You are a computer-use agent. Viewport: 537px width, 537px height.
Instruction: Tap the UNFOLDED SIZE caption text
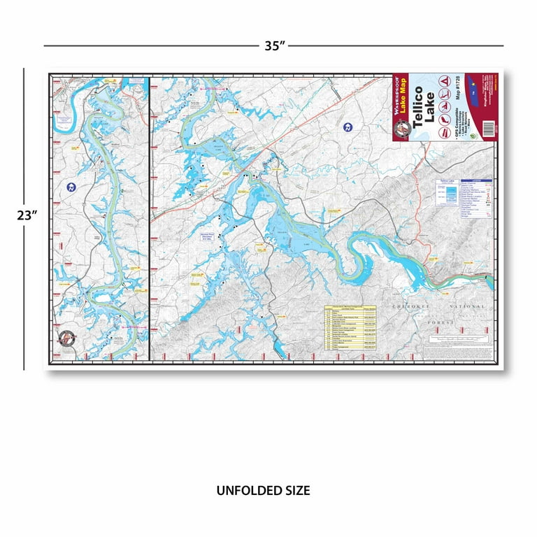pyautogui.click(x=263, y=491)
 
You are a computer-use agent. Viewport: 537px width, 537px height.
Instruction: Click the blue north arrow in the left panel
pyautogui.click(x=71, y=187)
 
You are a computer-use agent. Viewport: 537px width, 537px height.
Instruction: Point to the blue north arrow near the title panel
pyautogui.click(x=348, y=127)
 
